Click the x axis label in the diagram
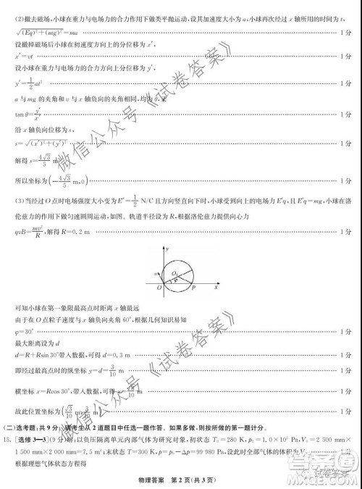216,288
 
